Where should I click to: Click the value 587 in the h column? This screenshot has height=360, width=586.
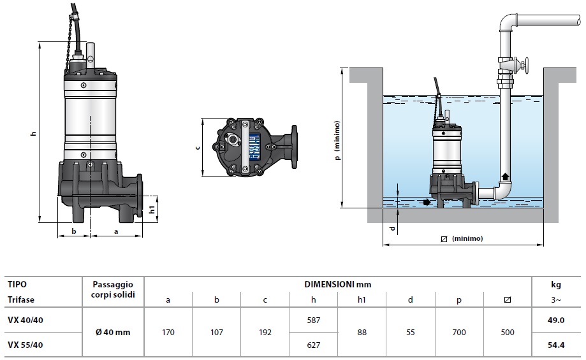pyautogui.click(x=313, y=320)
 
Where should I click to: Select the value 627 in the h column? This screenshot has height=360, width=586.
pyautogui.click(x=313, y=345)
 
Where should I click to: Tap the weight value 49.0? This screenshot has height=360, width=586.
pyautogui.click(x=556, y=320)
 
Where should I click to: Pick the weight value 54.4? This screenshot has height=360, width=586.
pyautogui.click(x=556, y=345)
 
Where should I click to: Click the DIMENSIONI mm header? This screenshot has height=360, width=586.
pyautogui.click(x=338, y=284)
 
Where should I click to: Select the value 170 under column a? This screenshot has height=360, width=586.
pyautogui.click(x=168, y=332)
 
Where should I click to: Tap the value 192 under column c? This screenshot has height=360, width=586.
pyautogui.click(x=265, y=332)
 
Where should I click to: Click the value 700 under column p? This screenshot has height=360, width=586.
pyautogui.click(x=458, y=332)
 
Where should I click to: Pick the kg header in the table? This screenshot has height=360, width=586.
pyautogui.click(x=556, y=284)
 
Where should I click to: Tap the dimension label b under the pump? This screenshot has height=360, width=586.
pyautogui.click(x=74, y=231)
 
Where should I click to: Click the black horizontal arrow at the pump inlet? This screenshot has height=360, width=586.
pyautogui.click(x=426, y=203)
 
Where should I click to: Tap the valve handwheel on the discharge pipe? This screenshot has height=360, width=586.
pyautogui.click(x=527, y=64)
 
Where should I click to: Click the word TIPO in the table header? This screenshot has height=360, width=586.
pyautogui.click(x=17, y=284)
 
